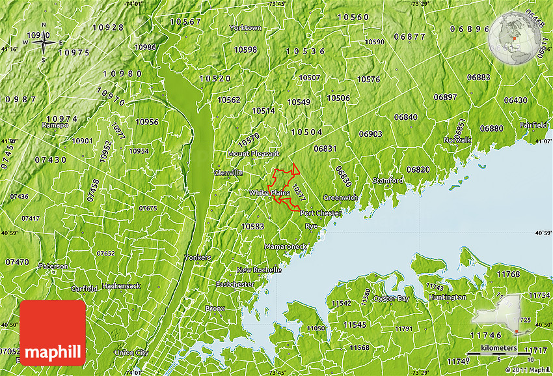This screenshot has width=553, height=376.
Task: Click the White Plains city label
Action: [x=269, y=193]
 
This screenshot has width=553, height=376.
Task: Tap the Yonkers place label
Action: [x=198, y=257]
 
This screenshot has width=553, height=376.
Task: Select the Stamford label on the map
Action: [x=388, y=180]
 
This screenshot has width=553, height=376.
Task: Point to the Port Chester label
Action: [x=321, y=213]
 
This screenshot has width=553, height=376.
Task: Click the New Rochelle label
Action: [x=258, y=270]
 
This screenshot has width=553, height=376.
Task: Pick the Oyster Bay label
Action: [x=392, y=298]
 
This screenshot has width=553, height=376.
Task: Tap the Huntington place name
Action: [x=448, y=297]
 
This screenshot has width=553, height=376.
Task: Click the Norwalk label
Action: [x=457, y=140]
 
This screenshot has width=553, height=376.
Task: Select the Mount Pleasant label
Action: [x=253, y=154]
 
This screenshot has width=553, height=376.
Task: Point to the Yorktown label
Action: [x=246, y=28]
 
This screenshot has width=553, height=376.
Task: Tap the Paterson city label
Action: [x=53, y=266]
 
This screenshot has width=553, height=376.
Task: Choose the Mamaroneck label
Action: [x=286, y=247]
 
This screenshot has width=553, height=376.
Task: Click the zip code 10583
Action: [x=252, y=226]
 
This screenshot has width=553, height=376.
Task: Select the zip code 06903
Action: [x=370, y=134]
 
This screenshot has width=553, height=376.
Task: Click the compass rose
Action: [x=44, y=43]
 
